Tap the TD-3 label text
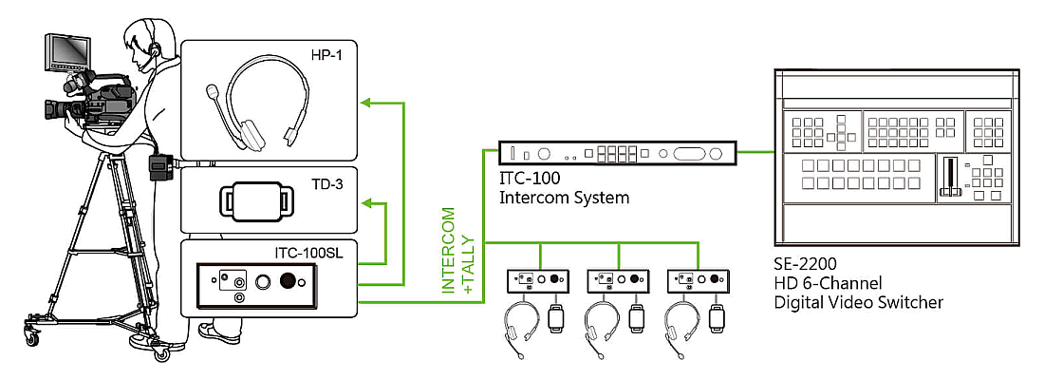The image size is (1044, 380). click(x=326, y=184)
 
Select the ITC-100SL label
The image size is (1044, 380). click(x=309, y=254)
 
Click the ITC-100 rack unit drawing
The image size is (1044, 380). click(x=617, y=153)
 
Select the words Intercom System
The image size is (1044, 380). click(x=564, y=198)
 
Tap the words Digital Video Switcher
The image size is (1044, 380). click(x=859, y=302)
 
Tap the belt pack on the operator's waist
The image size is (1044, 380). click(x=160, y=166)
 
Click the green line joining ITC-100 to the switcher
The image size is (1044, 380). click(x=755, y=152)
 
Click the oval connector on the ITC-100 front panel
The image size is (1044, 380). click(x=689, y=153)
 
